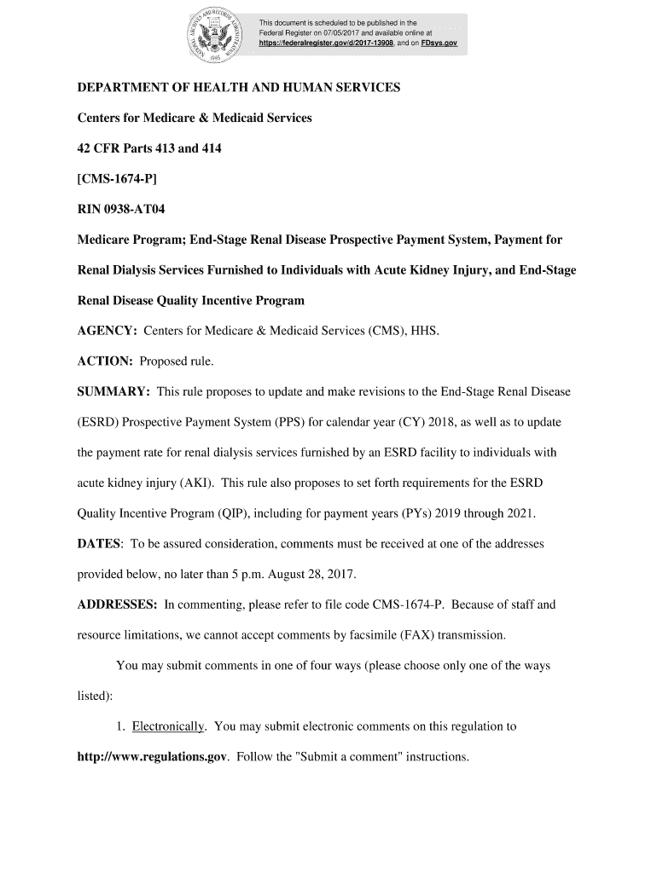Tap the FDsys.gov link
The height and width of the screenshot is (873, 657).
coord(440,41)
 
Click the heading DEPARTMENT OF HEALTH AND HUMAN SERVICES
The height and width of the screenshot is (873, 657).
coord(239,88)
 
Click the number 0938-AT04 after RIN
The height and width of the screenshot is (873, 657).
coord(131,209)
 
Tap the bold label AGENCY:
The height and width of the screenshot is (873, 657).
coord(108,330)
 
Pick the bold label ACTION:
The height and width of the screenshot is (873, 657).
coord(105,361)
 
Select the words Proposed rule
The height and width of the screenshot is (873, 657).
coord(177,361)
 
